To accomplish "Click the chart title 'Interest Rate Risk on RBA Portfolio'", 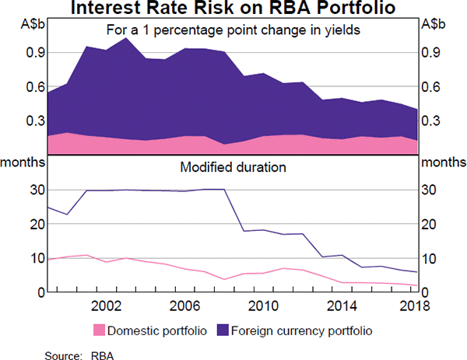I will coord(233,9).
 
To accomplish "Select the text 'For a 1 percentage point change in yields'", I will coord(233,30).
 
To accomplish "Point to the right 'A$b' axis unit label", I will coord(434,24).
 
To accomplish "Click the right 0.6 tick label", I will coord(431,87).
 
